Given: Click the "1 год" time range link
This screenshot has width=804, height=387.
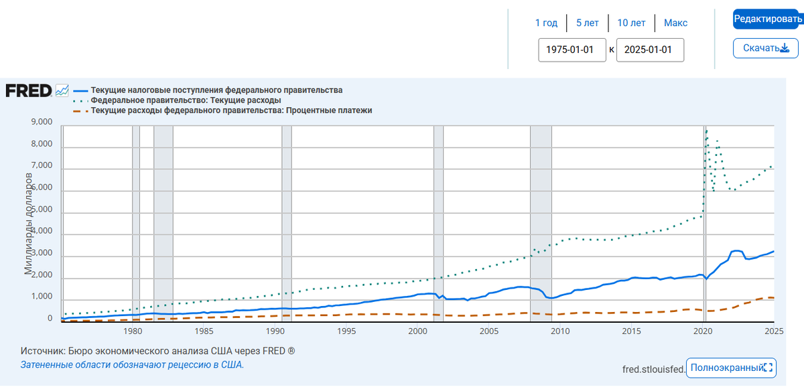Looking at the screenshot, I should coord(546,23).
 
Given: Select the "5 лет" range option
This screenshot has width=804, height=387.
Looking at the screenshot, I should coord(588,23).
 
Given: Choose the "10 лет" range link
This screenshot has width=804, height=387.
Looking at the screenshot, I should coord(631,23).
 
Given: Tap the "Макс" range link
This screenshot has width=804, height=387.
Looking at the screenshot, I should coord(675,23).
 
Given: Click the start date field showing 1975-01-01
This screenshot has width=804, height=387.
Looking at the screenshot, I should coord(572,50).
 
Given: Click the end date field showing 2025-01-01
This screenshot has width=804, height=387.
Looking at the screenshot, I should coord(650,50).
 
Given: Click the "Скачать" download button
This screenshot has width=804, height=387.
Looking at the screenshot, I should coord(766,48).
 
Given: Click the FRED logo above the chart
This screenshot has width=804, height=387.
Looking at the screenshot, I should coord(29,90).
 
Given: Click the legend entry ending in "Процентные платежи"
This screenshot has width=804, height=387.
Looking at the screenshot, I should coord(231,110).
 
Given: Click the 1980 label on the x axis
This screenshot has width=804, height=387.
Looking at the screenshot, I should coord(133,331).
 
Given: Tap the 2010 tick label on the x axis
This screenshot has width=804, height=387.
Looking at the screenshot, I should coord(560,331).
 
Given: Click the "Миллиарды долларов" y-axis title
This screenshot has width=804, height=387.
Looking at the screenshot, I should coord(29,223).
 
